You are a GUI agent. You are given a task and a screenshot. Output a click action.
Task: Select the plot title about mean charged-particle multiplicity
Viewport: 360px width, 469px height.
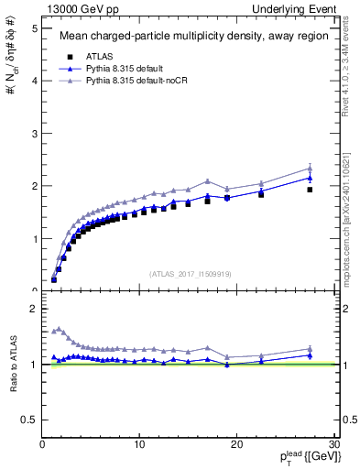(x=189, y=37)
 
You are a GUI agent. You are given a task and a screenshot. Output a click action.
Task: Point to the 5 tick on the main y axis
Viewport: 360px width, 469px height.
(x=33, y=28)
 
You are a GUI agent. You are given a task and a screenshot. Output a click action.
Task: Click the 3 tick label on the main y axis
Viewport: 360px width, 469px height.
(x=33, y=134)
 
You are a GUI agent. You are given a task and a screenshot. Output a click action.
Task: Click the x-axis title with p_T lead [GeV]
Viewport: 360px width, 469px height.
(x=303, y=457)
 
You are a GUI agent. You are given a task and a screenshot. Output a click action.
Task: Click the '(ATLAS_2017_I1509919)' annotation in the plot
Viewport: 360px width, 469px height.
(x=189, y=272)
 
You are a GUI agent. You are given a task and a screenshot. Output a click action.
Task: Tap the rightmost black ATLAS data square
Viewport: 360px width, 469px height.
(x=310, y=190)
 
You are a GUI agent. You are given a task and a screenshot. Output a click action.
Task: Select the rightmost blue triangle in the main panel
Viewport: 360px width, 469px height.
(x=310, y=178)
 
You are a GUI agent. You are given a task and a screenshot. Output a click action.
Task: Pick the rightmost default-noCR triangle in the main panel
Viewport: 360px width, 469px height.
(x=310, y=168)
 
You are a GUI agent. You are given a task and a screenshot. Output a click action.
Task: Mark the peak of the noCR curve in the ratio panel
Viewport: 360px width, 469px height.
(x=60, y=328)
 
